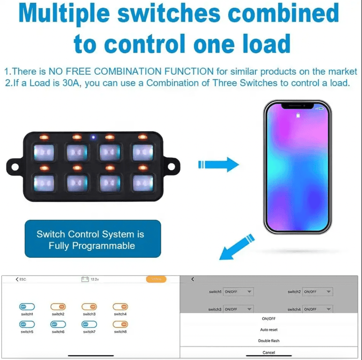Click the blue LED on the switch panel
(x=93, y=137)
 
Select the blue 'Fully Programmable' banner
(x=93, y=239)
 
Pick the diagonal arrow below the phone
(x=236, y=247)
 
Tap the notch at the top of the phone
(x=297, y=106)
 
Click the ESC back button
(x=21, y=279)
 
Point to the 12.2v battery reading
(x=91, y=279)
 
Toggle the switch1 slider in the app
(x=27, y=306)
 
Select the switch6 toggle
(x=58, y=324)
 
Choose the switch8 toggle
(x=120, y=324)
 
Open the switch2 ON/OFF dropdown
(x=317, y=292)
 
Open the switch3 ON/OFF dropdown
(x=238, y=309)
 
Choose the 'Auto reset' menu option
(x=269, y=330)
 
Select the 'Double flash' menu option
(x=269, y=341)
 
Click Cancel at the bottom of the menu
(x=269, y=352)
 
